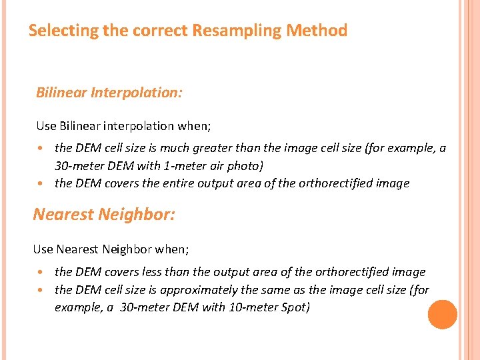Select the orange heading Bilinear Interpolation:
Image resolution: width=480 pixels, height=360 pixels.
[109, 93]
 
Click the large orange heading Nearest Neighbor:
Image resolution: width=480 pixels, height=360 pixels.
[103, 214]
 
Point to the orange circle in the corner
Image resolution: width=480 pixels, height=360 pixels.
[442, 315]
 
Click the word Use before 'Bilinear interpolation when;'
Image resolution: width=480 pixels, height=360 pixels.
[47, 126]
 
